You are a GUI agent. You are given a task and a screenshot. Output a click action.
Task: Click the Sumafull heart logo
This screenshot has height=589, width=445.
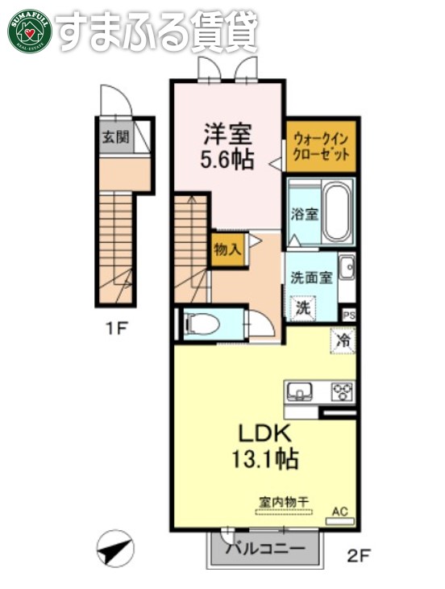pos(30,31)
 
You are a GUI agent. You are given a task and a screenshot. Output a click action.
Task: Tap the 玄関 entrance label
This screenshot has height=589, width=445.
pos(114,137)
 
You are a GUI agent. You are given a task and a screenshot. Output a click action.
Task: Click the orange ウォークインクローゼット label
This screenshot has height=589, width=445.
pos(322,146)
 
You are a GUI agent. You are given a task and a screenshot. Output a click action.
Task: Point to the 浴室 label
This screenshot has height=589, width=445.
pos(304,214)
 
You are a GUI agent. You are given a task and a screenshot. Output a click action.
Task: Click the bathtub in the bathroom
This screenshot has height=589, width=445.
pos(337,211)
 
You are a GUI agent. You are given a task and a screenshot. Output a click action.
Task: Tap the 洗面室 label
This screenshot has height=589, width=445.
pos(311,277)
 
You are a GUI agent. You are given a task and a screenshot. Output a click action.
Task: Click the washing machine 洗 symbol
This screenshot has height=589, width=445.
pos(303,307)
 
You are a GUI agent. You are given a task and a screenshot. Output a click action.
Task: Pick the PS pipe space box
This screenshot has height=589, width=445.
pos(349,315)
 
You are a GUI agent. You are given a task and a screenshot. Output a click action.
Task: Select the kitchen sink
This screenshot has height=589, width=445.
pos(301,392)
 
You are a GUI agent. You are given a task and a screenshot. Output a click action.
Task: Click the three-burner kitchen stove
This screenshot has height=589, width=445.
pos(343,392)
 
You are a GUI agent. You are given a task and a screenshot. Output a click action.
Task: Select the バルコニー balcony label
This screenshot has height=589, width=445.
pos(265,550)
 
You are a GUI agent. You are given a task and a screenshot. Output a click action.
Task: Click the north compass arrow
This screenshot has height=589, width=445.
pos(114,550)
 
